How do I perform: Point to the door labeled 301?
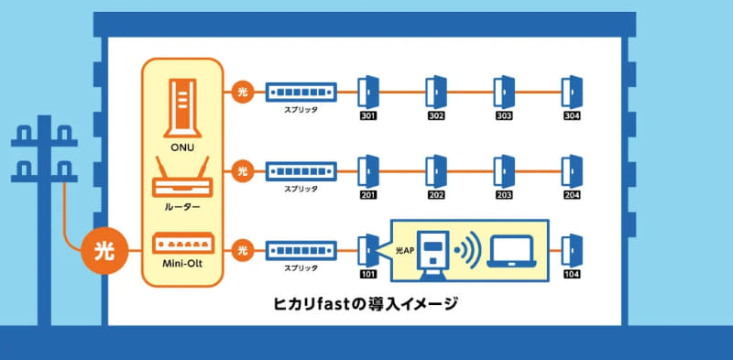(368, 92)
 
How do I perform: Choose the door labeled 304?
(572, 92)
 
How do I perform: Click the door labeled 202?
(436, 169)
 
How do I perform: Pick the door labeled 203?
(504, 169)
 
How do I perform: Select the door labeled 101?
(368, 247)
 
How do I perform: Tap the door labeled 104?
(572, 247)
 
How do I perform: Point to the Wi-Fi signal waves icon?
(468, 250)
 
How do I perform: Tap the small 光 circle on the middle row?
(242, 170)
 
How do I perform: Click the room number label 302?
(436, 116)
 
